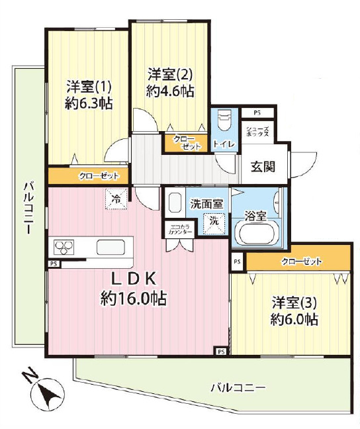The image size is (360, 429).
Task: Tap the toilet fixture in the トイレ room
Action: point(224,120)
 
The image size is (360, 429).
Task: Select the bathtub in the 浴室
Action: point(256,233)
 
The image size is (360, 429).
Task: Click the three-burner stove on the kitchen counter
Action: point(65,247)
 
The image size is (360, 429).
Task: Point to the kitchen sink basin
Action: point(111,247)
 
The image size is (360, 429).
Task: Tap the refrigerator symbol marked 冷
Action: point(116,199)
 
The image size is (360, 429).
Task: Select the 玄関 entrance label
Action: point(263,166)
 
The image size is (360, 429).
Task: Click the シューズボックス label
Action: point(257,132)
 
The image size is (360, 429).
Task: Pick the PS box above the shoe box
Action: point(257,113)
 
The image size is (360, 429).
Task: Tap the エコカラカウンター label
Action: point(180,230)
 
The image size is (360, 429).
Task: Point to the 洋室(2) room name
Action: point(170,74)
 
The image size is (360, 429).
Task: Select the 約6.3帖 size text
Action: point(89,103)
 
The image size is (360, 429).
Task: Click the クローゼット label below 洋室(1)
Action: point(99,176)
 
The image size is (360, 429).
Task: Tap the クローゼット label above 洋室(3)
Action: point(302,262)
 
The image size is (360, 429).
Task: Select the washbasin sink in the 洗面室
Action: point(175,202)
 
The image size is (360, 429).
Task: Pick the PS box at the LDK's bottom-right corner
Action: point(221,352)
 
